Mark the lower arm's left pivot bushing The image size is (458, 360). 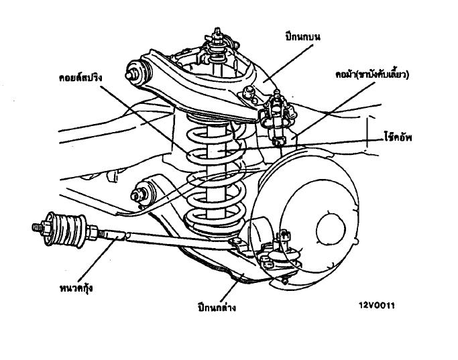143,193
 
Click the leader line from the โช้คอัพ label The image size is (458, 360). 322,142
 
